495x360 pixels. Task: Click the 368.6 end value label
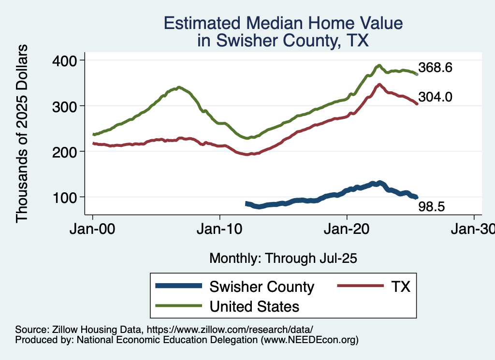click(x=435, y=68)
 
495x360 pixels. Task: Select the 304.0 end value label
click(x=435, y=97)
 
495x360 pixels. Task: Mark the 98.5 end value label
click(x=431, y=207)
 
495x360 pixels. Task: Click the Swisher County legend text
click(x=262, y=287)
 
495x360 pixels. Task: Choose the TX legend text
click(x=400, y=287)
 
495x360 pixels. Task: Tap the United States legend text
click(x=254, y=306)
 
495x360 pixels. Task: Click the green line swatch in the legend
click(x=178, y=306)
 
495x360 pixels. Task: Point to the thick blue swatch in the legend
click(x=178, y=287)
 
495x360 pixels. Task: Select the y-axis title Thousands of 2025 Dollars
click(x=22, y=133)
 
